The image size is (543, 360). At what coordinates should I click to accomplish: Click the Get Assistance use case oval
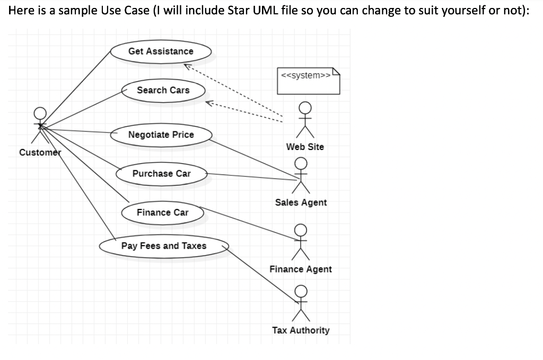(161, 51)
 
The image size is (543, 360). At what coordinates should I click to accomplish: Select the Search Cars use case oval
(163, 90)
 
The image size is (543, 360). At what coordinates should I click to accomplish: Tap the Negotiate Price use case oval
(161, 135)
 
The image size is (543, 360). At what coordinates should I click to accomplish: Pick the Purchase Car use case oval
(161, 174)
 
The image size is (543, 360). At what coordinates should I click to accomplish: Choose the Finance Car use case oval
(162, 213)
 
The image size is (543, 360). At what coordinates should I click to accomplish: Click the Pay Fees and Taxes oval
(164, 246)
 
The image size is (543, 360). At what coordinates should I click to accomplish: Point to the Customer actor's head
(40, 112)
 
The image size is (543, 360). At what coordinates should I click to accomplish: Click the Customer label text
(40, 153)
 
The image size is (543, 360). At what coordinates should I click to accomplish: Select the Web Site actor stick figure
(304, 120)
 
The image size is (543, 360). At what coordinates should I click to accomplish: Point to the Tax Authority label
(301, 330)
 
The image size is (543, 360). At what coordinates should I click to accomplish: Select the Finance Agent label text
(301, 269)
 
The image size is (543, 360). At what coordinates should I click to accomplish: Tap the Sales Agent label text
(301, 203)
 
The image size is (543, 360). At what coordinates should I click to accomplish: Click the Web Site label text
(305, 147)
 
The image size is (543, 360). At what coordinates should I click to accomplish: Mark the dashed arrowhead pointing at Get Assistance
(187, 66)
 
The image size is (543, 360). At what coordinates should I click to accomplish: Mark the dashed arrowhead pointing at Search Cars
(209, 102)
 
